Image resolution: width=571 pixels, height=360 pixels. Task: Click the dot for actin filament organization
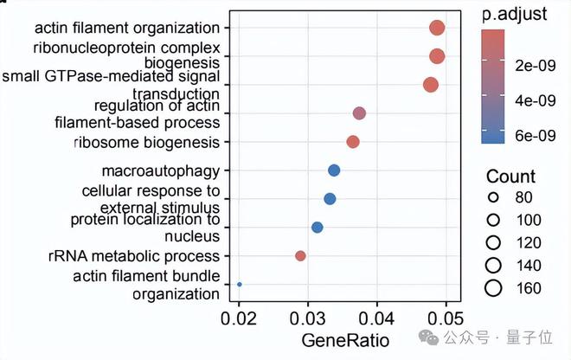point(437,29)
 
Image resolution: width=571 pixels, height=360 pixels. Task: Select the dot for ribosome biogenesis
point(353,142)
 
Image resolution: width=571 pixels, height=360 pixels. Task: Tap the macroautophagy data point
point(334,170)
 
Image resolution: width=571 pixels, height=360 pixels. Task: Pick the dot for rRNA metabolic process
point(300,256)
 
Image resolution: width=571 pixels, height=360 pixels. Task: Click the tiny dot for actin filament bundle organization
point(240,284)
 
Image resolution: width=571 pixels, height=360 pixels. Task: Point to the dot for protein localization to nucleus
point(318,228)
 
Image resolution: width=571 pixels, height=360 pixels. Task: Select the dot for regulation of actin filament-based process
point(360,113)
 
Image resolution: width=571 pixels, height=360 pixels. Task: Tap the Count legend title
point(510,176)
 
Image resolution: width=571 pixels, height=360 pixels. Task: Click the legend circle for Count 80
point(493,197)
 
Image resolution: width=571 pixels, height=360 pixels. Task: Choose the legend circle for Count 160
point(493,287)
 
